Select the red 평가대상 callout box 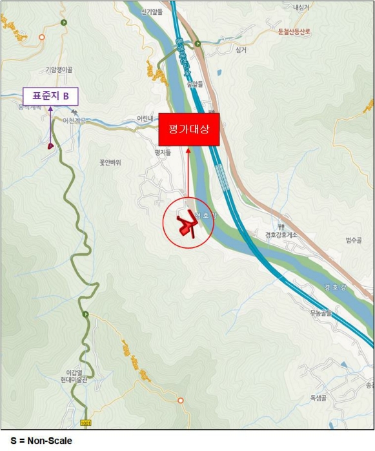point(189,130)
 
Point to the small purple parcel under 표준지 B point(50,146)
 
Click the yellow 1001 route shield point(86,423)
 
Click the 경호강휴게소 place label point(281,235)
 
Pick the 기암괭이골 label point(59,70)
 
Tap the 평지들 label point(163,153)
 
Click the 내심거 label point(301,8)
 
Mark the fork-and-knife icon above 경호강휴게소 point(281,227)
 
